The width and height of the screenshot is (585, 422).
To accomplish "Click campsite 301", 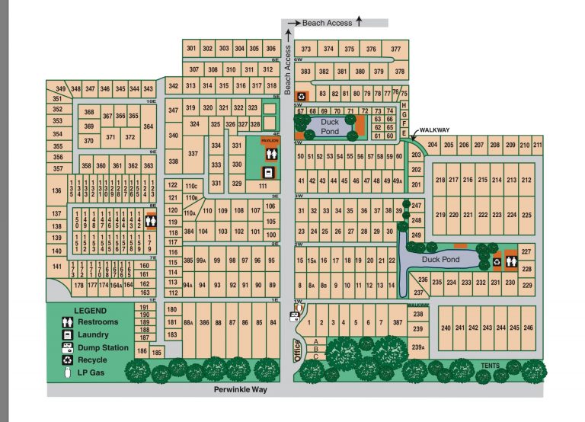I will coord(191,48).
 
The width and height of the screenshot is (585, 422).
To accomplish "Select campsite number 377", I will coord(395,49).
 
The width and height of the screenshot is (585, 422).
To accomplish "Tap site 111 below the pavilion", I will coord(263,185).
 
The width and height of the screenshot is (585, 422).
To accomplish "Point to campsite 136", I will coord(56,190).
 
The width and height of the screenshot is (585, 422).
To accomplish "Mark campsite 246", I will coord(528,328).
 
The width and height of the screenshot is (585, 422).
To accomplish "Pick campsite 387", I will coord(397,323).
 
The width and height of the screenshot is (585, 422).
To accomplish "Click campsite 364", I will coord(148,126).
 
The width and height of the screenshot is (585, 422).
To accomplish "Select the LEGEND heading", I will coord(90,311).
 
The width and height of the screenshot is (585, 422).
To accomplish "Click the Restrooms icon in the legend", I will coord(67,322).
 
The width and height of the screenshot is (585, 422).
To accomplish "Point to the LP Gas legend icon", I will coord(67,372).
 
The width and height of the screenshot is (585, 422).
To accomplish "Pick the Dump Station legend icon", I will coord(67,347).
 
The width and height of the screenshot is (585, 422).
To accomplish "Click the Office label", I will coord(299,350).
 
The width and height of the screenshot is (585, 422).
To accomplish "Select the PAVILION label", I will coord(270,141).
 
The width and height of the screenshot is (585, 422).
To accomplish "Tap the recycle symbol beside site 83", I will coord(302,96).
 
